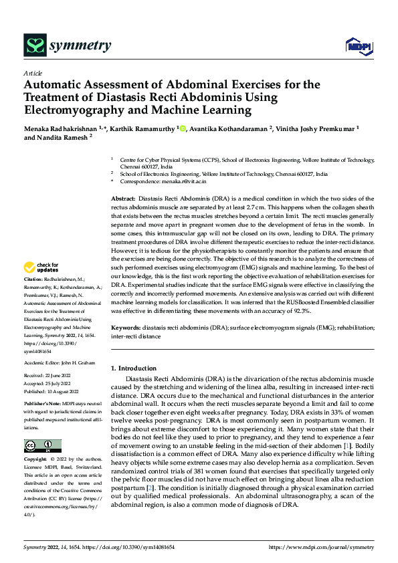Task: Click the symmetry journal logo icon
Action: pyautogui.click(x=35, y=45)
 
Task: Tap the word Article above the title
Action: pyautogui.click(x=33, y=73)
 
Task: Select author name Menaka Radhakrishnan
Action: pyautogui.click(x=60, y=128)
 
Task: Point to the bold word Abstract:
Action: pyautogui.click(x=122, y=199)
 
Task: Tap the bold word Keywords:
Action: pyautogui.click(x=125, y=328)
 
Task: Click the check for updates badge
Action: pyautogui.click(x=42, y=268)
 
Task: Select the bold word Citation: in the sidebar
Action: pyautogui.click(x=33, y=278)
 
